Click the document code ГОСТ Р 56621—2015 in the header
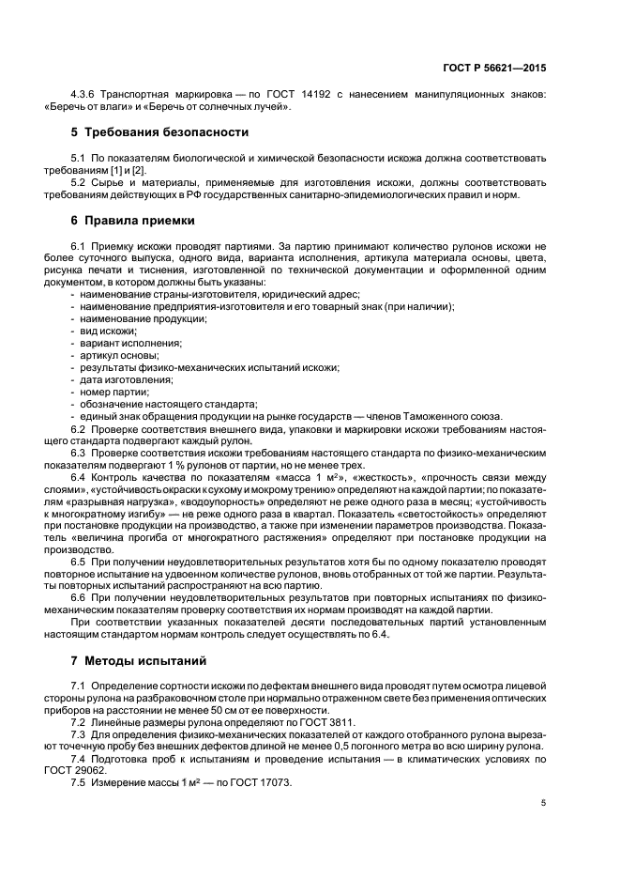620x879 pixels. [494, 68]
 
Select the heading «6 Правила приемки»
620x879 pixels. [133, 221]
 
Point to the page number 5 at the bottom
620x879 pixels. [544, 803]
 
